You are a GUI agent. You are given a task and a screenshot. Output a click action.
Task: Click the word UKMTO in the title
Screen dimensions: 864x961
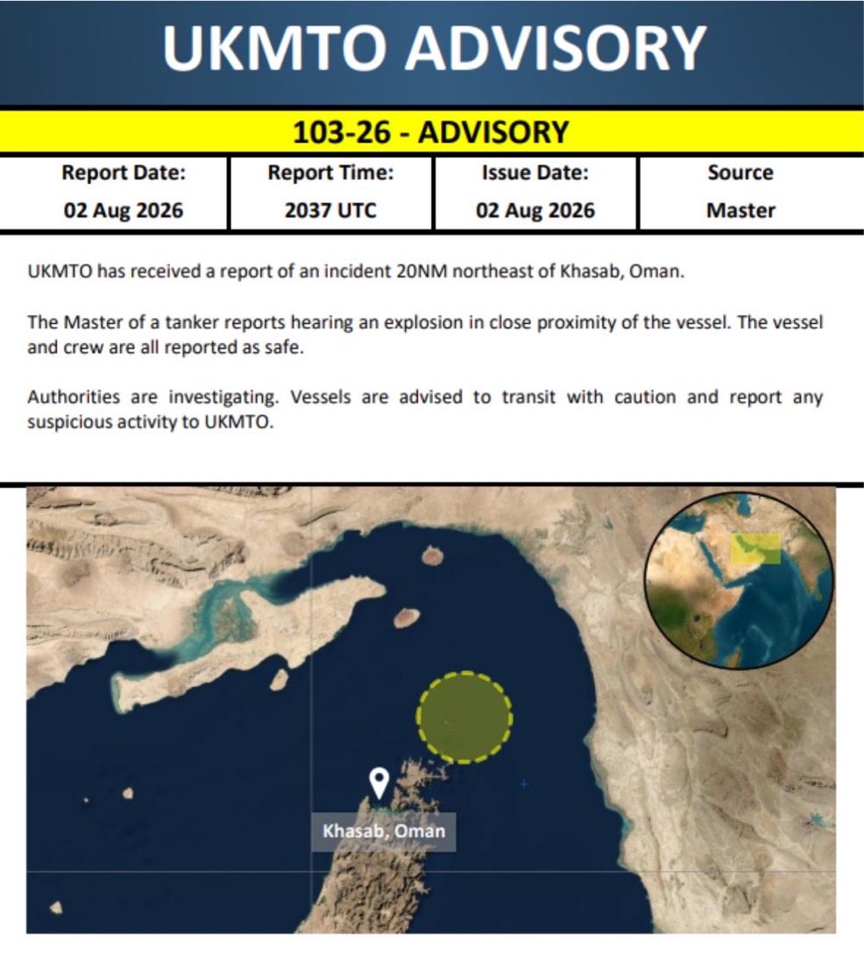(275, 48)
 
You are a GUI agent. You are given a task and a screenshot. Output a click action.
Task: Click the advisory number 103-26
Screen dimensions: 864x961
(342, 132)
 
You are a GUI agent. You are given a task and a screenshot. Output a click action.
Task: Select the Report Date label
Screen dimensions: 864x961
(124, 173)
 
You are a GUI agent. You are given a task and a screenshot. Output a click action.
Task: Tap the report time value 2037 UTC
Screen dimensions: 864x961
(330, 211)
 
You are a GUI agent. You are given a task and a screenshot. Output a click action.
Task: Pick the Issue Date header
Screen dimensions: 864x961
(535, 173)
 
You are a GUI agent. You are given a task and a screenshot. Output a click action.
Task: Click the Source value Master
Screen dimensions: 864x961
(740, 211)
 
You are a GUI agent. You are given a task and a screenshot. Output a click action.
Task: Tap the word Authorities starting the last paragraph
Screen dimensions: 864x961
(74, 397)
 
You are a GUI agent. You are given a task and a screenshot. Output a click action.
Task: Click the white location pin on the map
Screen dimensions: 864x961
(379, 781)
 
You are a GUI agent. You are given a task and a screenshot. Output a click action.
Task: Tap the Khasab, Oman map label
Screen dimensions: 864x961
(384, 831)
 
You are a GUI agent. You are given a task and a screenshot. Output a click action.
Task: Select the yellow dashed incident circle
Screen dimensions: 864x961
(464, 717)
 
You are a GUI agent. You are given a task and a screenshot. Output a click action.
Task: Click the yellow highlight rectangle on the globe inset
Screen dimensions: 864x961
(756, 548)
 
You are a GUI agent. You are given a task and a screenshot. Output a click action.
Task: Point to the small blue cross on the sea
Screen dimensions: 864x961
(524, 784)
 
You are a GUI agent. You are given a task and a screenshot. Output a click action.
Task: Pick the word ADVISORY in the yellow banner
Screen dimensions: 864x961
(493, 132)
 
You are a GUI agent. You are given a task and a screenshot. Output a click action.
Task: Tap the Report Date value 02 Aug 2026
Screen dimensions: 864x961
(124, 211)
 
